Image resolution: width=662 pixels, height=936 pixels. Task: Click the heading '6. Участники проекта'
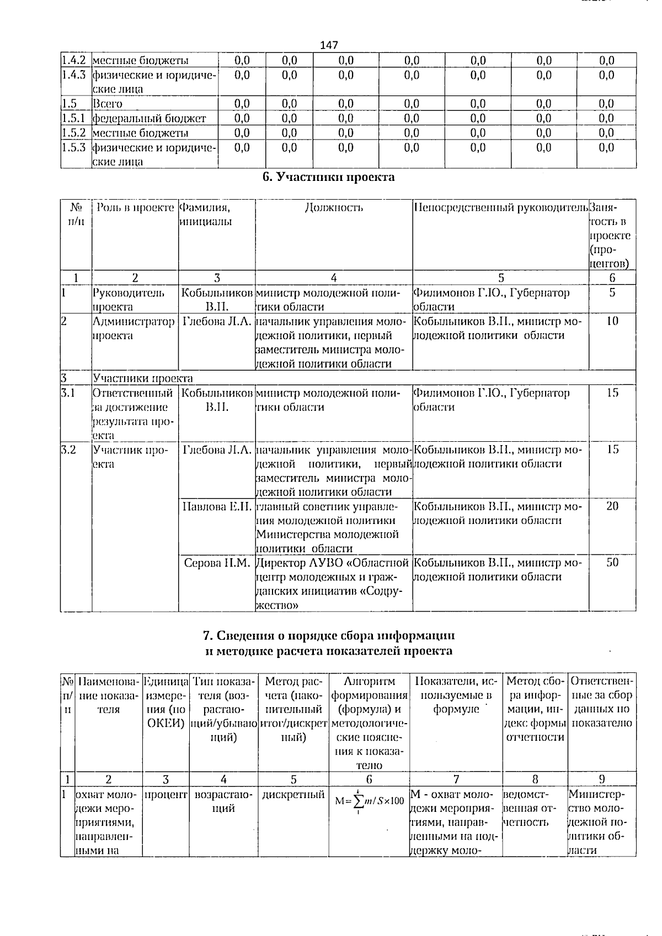(x=328, y=177)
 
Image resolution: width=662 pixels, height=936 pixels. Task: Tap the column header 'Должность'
(x=334, y=207)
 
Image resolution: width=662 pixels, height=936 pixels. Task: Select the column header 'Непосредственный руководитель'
(x=500, y=207)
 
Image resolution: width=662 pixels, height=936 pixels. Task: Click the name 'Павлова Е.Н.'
(x=217, y=506)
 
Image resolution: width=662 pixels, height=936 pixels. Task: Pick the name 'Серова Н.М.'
(x=217, y=563)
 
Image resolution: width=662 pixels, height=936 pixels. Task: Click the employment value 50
(x=612, y=563)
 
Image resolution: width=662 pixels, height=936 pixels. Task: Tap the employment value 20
(x=612, y=506)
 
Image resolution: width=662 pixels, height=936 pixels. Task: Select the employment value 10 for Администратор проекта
(x=612, y=321)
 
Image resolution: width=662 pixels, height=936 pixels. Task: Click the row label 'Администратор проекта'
(x=134, y=328)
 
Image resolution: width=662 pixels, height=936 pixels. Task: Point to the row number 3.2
(x=68, y=450)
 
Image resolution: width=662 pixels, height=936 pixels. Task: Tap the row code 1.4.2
(x=74, y=60)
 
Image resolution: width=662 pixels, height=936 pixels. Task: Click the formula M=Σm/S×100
(x=369, y=801)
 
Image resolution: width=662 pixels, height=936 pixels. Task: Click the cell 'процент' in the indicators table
(x=165, y=795)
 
